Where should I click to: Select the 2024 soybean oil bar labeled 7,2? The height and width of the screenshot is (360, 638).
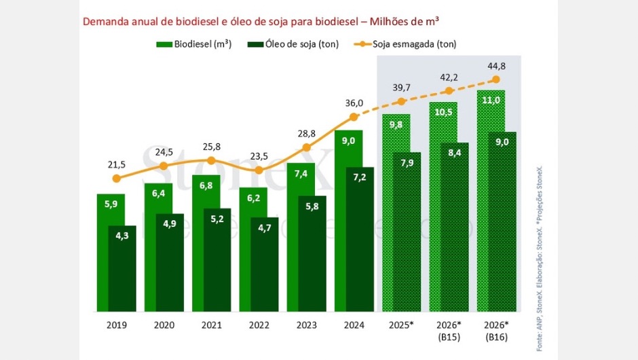[360, 238]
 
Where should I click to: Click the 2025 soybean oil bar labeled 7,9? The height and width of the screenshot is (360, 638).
[407, 231]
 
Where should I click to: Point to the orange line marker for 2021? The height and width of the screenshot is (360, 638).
[211, 160]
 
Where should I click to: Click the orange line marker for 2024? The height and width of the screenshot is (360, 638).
[354, 117]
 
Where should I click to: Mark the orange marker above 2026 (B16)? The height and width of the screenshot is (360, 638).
[496, 79]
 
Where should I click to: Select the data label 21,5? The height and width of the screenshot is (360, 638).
[116, 165]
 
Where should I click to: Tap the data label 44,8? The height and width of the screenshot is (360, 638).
[496, 66]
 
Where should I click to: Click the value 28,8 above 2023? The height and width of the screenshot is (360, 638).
[306, 133]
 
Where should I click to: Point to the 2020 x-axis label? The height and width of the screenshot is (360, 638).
[164, 325]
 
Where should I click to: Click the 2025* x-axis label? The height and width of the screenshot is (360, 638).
[401, 325]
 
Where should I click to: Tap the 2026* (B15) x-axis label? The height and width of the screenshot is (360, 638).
[449, 330]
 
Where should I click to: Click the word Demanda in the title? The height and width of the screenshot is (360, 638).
[102, 21]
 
